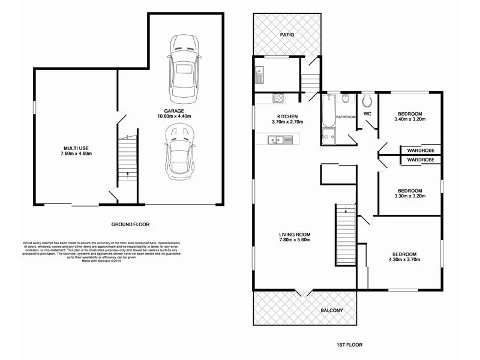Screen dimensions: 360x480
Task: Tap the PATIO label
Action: point(287,35)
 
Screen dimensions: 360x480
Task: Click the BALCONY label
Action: point(331,310)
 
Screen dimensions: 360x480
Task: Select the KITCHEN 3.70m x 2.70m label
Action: point(287,119)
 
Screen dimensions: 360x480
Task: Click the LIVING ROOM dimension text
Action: point(295,240)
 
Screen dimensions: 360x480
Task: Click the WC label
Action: point(368,113)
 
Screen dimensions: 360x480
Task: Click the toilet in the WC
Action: point(368,99)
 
